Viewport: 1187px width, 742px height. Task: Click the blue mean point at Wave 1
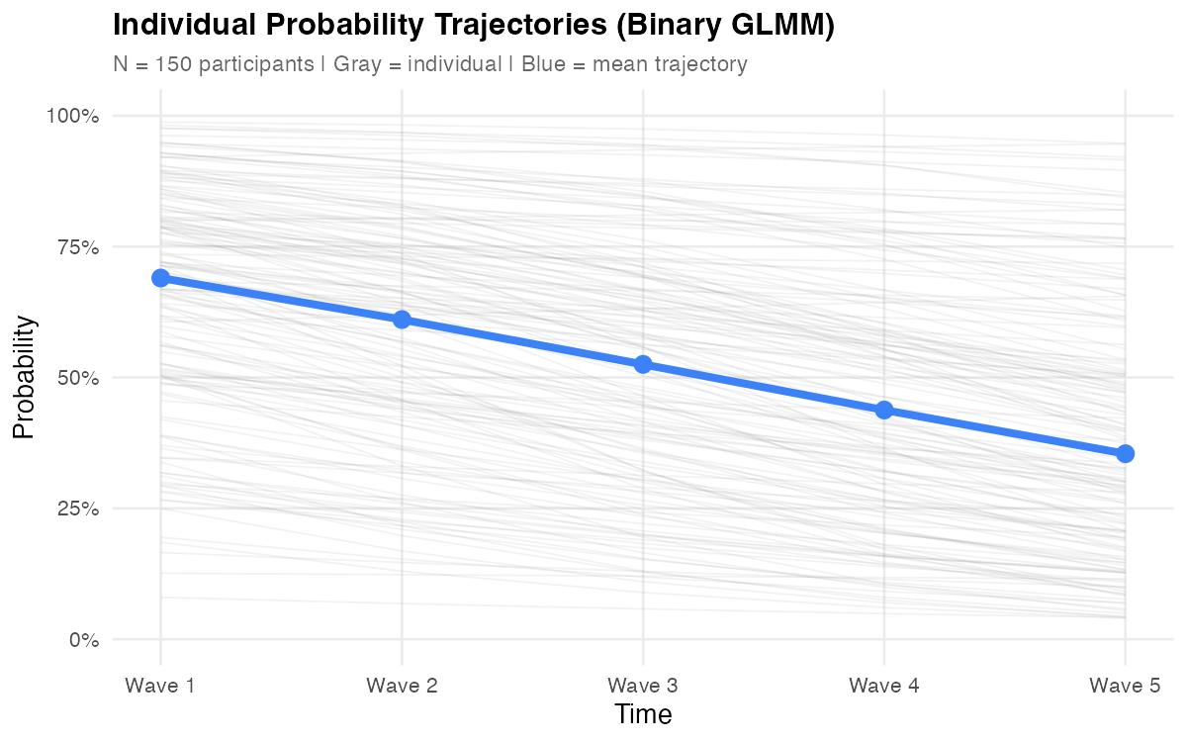pyautogui.click(x=160, y=278)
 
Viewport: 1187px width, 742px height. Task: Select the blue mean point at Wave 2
pyautogui.click(x=402, y=320)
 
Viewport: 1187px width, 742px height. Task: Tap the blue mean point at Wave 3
pyautogui.click(x=643, y=364)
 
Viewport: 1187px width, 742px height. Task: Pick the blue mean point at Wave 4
pyautogui.click(x=884, y=410)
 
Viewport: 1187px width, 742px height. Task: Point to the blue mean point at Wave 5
pyautogui.click(x=1125, y=453)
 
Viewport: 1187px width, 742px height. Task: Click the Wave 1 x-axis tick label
pyautogui.click(x=160, y=685)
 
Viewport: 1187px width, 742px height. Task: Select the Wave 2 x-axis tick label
pyautogui.click(x=402, y=685)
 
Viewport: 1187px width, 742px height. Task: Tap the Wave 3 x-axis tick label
pyautogui.click(x=643, y=685)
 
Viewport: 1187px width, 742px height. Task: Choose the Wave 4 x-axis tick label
pyautogui.click(x=884, y=685)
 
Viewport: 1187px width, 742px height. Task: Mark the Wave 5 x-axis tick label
pyautogui.click(x=1125, y=685)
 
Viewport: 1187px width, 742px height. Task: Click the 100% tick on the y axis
pyautogui.click(x=73, y=117)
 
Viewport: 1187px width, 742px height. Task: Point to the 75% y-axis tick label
pyautogui.click(x=77, y=247)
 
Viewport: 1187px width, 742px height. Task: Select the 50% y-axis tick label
pyautogui.click(x=77, y=378)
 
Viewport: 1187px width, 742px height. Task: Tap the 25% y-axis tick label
pyautogui.click(x=77, y=509)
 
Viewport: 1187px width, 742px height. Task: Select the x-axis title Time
pyautogui.click(x=643, y=714)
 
